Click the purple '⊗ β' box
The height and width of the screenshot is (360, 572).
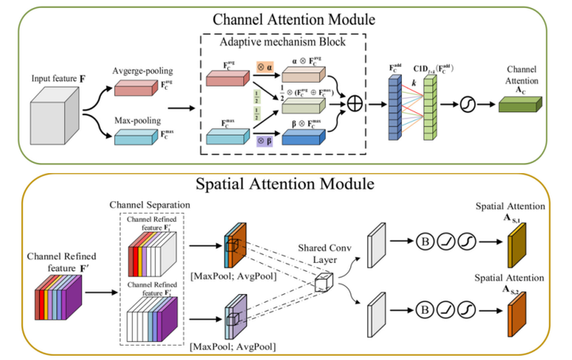click(x=263, y=145)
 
